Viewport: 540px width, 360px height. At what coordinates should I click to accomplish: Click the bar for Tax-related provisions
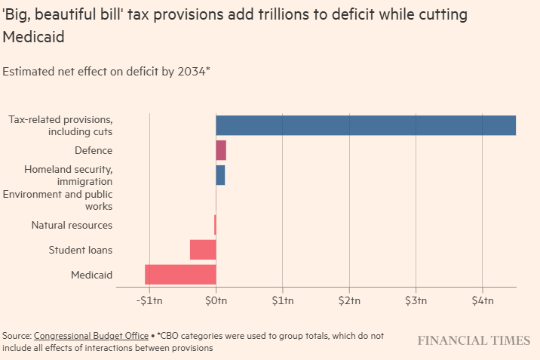[366, 125]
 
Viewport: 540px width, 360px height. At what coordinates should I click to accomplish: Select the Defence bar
[221, 150]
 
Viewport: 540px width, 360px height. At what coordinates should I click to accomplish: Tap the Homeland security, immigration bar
[220, 175]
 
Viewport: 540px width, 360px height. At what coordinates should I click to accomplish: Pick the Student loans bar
[203, 250]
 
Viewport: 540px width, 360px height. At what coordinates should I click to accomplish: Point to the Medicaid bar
[180, 275]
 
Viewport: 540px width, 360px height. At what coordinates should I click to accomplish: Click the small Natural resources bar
[215, 225]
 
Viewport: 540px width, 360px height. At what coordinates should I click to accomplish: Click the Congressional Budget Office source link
[91, 335]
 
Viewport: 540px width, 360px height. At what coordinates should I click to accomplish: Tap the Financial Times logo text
[474, 340]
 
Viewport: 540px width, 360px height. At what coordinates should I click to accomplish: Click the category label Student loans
[81, 250]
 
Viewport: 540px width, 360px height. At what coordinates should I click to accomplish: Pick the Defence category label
[94, 150]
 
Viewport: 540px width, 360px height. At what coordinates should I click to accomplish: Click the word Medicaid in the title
[34, 36]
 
